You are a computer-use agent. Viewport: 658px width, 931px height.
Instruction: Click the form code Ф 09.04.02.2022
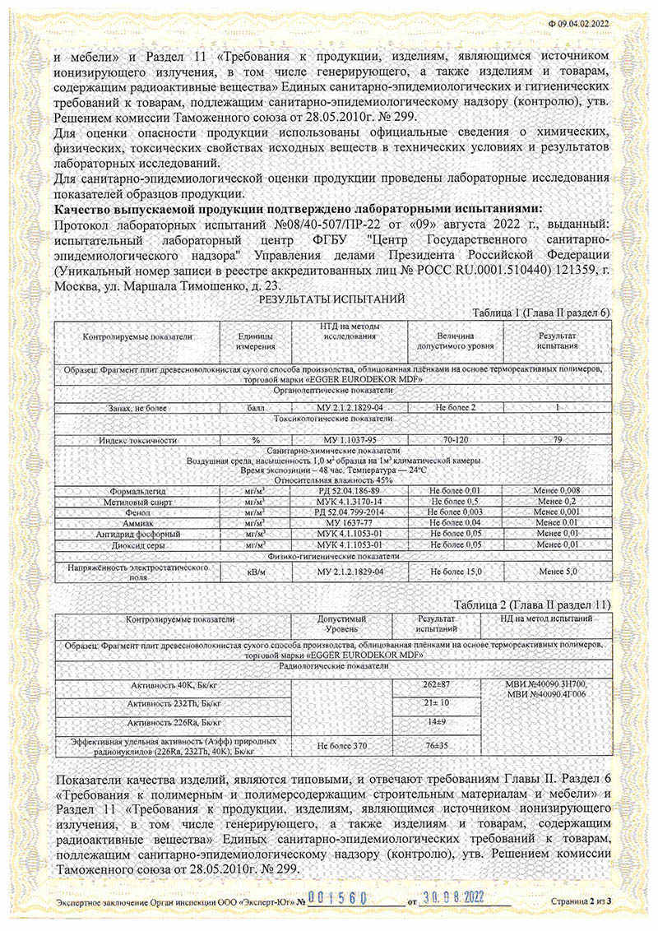pyautogui.click(x=581, y=24)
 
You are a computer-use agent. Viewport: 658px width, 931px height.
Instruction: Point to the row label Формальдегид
pyautogui.click(x=137, y=490)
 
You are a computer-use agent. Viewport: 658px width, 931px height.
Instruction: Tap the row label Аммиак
pyautogui.click(x=137, y=521)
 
